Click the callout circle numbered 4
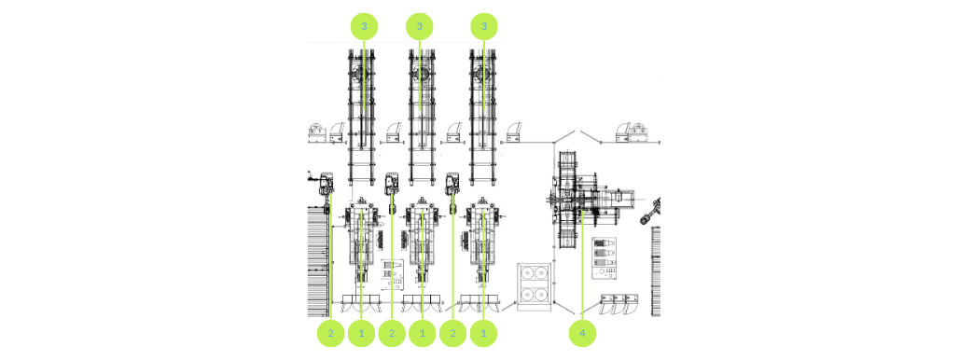pos(582,333)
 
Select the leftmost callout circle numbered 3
pos(364,26)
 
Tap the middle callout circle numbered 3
pos(420,26)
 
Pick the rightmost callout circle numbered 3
pos(483,26)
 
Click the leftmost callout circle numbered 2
pos(330,333)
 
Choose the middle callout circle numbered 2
pos(392,333)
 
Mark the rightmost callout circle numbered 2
pos(452,333)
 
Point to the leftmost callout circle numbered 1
pos(361,333)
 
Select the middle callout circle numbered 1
pos(422,333)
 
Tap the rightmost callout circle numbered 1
pos(483,333)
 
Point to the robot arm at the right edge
pos(649,213)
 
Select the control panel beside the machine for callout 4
pos(605,258)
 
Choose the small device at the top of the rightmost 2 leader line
pos(453,182)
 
